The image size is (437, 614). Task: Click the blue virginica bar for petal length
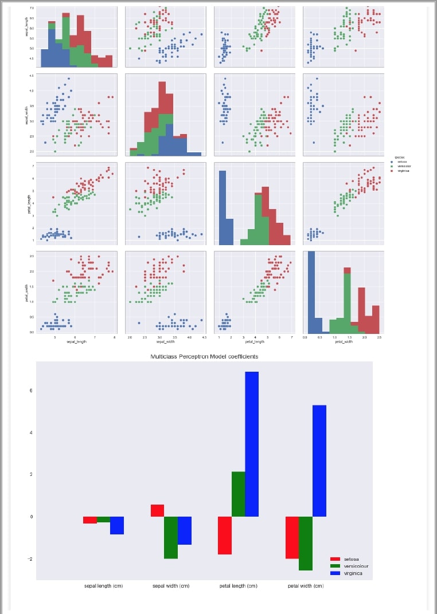[x=252, y=444]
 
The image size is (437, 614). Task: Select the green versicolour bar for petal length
[x=238, y=494]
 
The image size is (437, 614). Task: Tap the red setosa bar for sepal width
[x=157, y=510]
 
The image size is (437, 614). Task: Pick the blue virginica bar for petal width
[x=319, y=460]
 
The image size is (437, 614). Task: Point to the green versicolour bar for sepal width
[x=171, y=537]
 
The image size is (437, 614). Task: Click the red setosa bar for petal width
[x=292, y=537]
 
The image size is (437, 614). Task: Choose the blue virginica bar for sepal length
[x=117, y=525]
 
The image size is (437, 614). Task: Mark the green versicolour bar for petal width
[x=306, y=543]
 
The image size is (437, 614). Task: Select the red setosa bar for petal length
[x=224, y=535]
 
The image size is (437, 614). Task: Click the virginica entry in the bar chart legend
[x=353, y=573]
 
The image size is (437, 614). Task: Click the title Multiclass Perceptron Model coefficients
[x=204, y=356]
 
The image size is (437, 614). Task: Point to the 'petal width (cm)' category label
[x=306, y=586]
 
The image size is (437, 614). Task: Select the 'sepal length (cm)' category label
[x=103, y=586]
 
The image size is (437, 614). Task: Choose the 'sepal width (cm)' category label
[x=170, y=586]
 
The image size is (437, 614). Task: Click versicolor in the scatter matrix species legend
[x=404, y=166]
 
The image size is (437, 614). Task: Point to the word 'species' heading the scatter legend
[x=400, y=157]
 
